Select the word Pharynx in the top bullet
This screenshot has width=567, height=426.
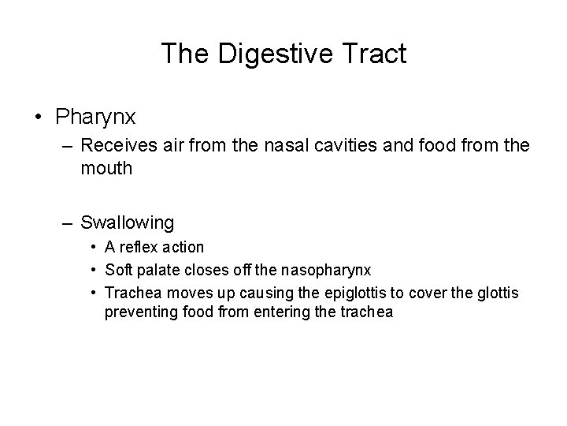96,118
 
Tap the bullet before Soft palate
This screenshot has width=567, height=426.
94,271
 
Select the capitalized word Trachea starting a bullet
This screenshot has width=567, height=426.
132,293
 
